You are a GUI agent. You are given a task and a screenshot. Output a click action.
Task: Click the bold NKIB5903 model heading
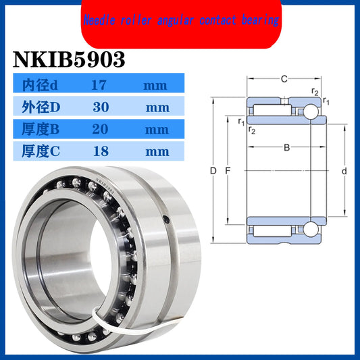(x=70, y=59)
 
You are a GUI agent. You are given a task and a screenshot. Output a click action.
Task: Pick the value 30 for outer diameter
(x=99, y=107)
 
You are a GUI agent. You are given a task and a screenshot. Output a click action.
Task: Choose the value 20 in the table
(x=99, y=129)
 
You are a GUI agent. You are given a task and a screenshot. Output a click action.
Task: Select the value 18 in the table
(x=99, y=151)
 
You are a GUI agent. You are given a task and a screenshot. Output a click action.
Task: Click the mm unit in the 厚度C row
(x=156, y=151)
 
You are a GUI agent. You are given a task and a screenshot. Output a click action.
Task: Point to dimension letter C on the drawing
(x=284, y=79)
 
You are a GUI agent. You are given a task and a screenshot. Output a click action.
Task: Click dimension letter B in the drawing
(x=286, y=147)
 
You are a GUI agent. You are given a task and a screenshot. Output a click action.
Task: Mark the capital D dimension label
(x=213, y=172)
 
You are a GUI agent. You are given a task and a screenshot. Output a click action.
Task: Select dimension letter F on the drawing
(x=228, y=172)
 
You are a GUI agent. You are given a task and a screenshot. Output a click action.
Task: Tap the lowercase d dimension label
(x=344, y=172)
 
